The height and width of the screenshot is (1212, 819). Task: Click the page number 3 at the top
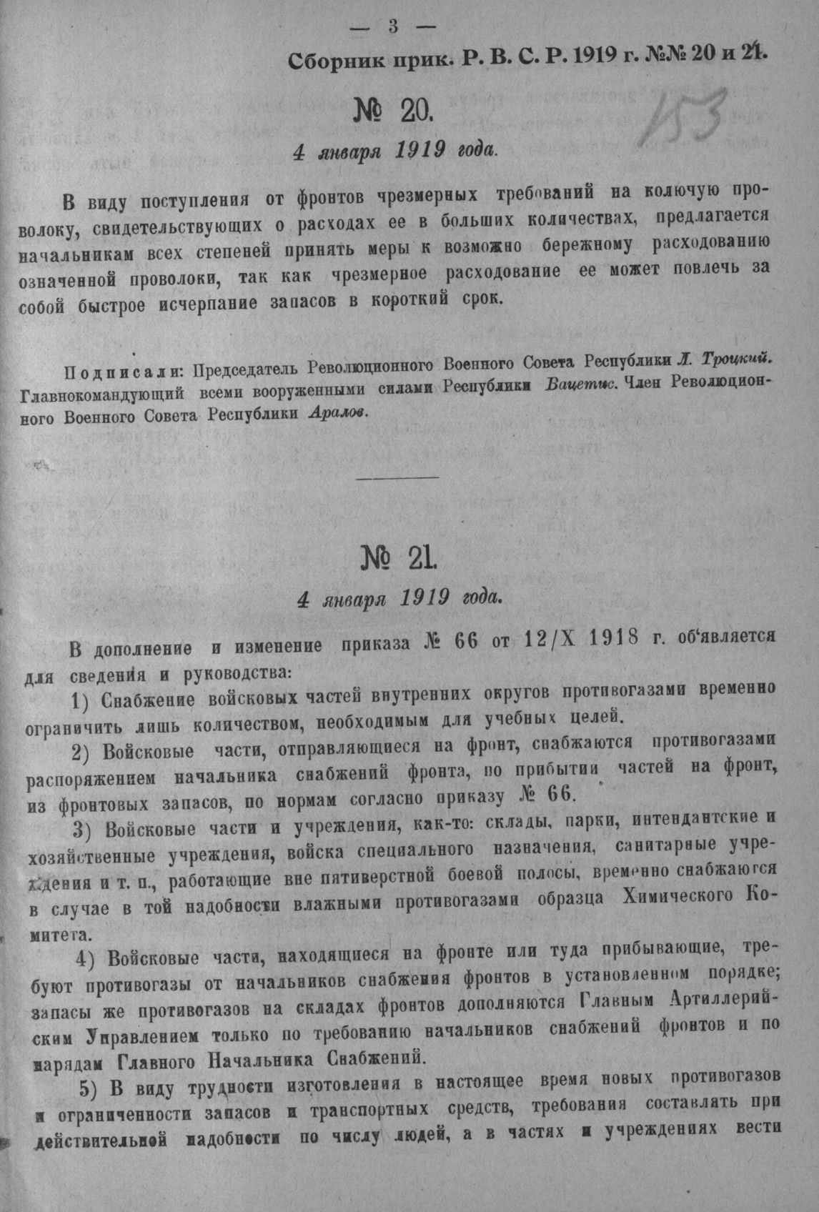tap(394, 28)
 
